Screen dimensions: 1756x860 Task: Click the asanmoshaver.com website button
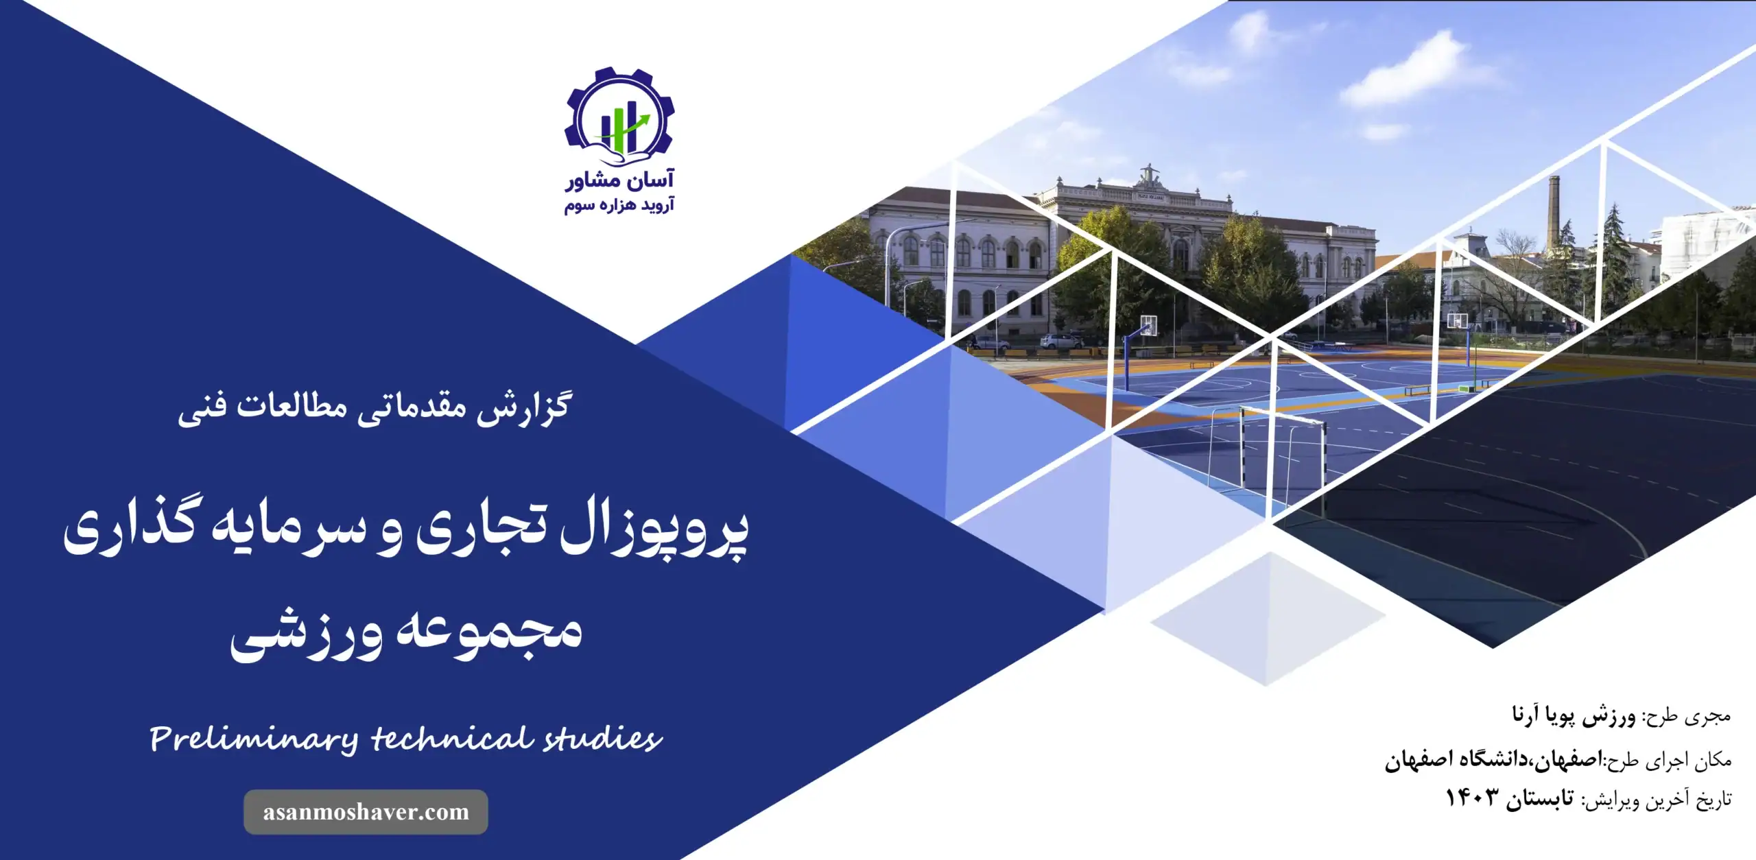[x=366, y=812]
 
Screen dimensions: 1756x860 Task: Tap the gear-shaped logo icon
[x=619, y=117]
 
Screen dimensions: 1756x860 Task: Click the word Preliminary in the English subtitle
[x=253, y=740]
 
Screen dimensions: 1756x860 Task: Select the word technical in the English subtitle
[x=452, y=739]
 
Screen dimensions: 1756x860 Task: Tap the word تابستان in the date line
[x=1541, y=799]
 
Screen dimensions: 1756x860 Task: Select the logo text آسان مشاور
[x=619, y=180]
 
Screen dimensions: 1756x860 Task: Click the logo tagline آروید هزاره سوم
[x=619, y=205]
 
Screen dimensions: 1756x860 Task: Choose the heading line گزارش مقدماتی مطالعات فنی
[x=375, y=408]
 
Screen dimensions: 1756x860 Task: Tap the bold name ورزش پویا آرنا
[x=1574, y=716]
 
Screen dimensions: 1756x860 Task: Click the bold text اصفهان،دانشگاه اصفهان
[x=1493, y=759]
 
